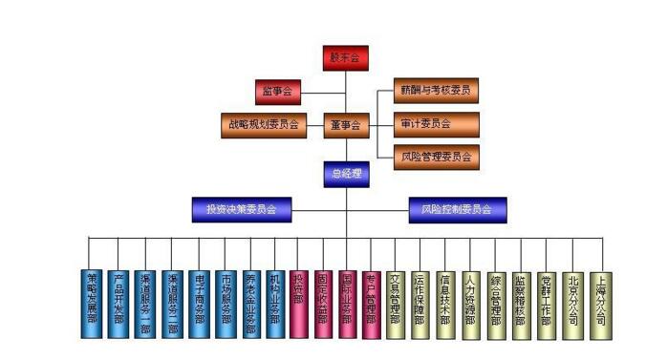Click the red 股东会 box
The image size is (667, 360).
[345, 58]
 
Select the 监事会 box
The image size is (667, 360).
[278, 93]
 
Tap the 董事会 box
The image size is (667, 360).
[345, 125]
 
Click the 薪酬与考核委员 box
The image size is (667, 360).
[436, 92]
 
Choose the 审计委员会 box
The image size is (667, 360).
[436, 124]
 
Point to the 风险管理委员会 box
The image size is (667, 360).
[436, 157]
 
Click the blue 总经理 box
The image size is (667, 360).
[345, 173]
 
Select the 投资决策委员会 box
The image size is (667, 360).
[241, 209]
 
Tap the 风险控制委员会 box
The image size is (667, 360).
[457, 209]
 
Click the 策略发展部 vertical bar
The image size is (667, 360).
[92, 305]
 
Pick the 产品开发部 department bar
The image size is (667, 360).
[118, 305]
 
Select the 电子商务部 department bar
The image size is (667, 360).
[199, 305]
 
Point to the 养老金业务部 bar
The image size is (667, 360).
[249, 305]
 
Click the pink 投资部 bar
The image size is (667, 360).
[299, 305]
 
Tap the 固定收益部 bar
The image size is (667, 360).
[323, 305]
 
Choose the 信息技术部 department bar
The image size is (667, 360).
[445, 305]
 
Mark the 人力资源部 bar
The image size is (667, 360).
[470, 305]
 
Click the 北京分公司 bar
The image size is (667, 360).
[572, 305]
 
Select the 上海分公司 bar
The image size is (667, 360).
[599, 305]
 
